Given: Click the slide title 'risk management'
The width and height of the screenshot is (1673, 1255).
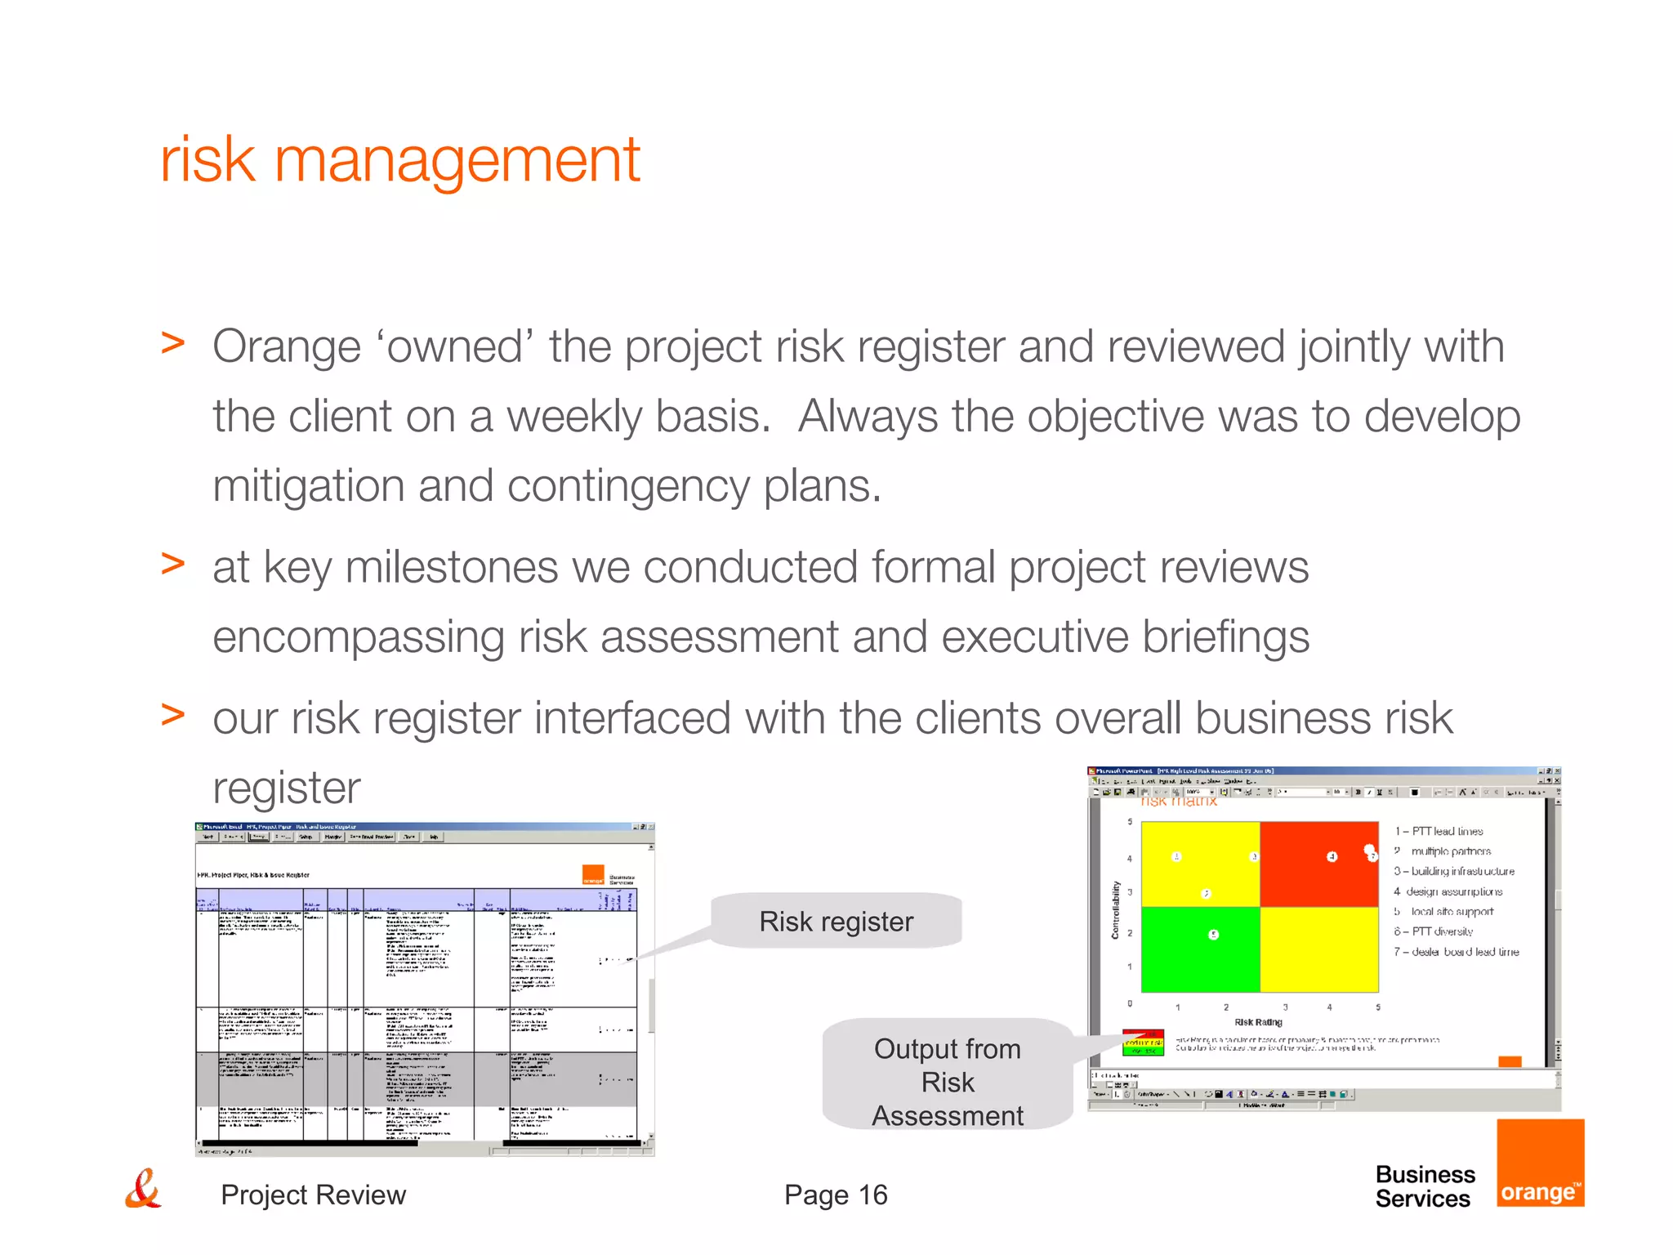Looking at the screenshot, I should tap(399, 160).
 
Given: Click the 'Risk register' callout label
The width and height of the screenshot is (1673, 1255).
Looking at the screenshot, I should tap(836, 922).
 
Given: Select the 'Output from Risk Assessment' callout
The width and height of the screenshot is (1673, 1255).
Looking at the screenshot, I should tap(947, 1082).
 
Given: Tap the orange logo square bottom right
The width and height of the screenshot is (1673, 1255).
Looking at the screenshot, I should tap(1540, 1163).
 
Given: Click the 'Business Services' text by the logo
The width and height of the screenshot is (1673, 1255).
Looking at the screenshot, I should tap(1425, 1186).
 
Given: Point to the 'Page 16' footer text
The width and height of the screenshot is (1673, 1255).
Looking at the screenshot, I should tap(835, 1195).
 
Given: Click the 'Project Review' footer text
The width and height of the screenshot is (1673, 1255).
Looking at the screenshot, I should tap(313, 1195).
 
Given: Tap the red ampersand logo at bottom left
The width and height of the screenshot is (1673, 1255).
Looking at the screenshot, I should tap(143, 1190).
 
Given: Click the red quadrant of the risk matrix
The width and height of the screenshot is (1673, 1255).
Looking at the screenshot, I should tap(1318, 864).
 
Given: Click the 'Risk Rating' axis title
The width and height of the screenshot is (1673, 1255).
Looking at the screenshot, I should tap(1258, 1022).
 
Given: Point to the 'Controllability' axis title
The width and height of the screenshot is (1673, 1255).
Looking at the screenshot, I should tap(1115, 909).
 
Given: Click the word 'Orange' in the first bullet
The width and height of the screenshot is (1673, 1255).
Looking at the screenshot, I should tap(286, 346).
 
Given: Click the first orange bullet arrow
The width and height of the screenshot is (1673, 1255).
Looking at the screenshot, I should tap(173, 343).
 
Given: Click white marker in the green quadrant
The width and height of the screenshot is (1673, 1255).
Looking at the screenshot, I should tap(1213, 934).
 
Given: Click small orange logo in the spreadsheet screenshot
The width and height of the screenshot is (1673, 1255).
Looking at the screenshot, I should tap(593, 875).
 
